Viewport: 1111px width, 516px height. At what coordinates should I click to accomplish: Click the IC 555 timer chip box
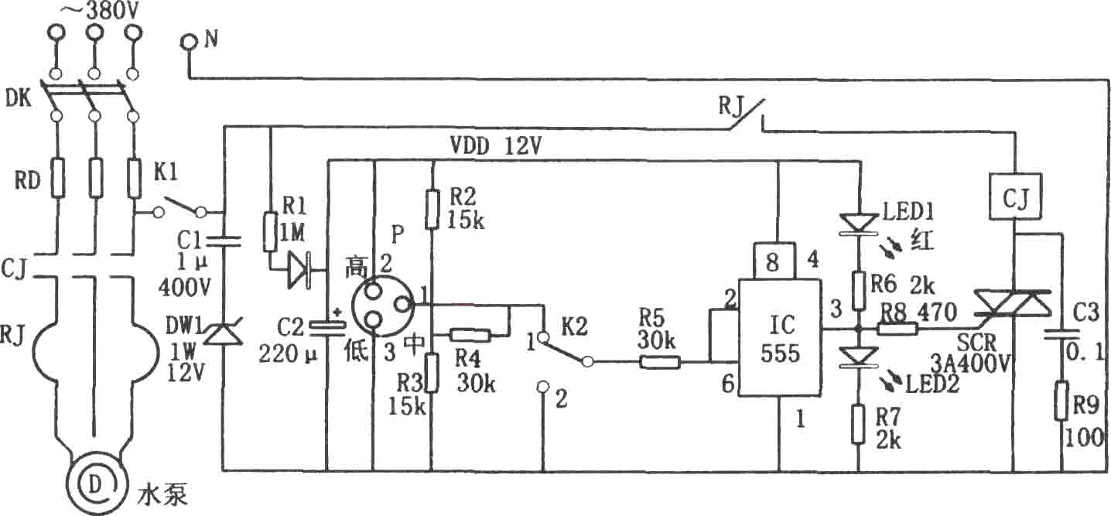pos(780,337)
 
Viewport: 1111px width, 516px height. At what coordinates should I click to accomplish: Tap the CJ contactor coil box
pos(1015,203)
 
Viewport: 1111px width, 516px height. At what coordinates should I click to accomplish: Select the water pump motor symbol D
pos(94,486)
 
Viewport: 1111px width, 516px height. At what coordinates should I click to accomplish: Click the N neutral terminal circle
pos(189,42)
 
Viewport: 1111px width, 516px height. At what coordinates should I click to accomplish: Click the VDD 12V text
pos(495,146)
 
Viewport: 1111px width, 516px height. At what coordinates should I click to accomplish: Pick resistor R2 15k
pos(432,208)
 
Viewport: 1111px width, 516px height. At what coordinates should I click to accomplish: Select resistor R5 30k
pos(660,362)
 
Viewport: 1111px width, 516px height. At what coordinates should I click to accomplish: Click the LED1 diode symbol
pos(859,223)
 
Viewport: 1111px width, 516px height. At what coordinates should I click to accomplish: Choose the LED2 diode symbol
pos(859,357)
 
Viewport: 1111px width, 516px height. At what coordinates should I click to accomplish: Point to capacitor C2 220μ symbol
pos(326,330)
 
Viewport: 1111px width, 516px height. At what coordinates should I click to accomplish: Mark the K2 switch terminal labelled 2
pos(544,387)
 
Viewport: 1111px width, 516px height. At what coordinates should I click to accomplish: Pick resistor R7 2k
pos(859,424)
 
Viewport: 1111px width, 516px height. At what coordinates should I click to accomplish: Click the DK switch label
pos(19,98)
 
